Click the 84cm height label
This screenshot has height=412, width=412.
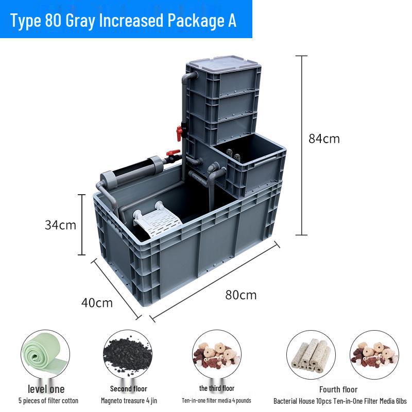pyautogui.click(x=324, y=139)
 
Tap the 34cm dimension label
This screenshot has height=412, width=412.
pyautogui.click(x=60, y=225)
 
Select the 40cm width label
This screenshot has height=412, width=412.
pyautogui.click(x=97, y=303)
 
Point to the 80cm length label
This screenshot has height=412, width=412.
pyautogui.click(x=241, y=295)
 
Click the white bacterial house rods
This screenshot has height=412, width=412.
pyautogui.click(x=312, y=356)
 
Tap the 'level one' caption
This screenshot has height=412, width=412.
pyautogui.click(x=46, y=389)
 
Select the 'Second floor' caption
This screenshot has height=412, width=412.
pyautogui.click(x=128, y=389)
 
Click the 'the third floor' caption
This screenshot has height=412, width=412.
pyautogui.click(x=217, y=388)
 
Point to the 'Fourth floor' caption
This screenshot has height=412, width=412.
pyautogui.click(x=338, y=389)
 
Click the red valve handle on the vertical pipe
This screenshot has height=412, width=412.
pyautogui.click(x=179, y=133)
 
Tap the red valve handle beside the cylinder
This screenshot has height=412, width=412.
pyautogui.click(x=173, y=152)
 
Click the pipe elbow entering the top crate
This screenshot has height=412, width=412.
pyautogui.click(x=188, y=77)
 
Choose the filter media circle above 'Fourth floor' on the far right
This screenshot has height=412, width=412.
pyautogui.click(x=374, y=355)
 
